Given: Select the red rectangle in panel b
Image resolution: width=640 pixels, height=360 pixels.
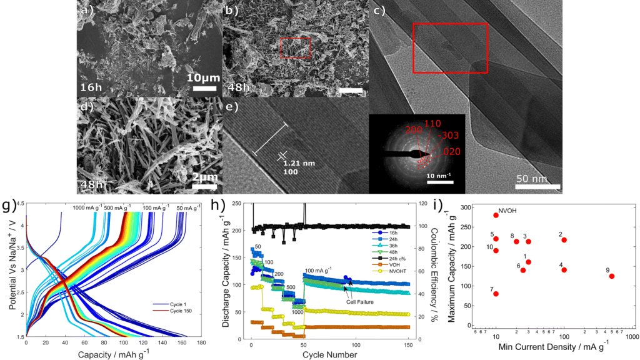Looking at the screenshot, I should coord(295,47).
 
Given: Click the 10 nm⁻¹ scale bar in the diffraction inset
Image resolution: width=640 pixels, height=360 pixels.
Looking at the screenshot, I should coord(439,183).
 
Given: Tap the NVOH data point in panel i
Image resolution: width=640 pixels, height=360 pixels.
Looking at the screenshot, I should coord(496,215).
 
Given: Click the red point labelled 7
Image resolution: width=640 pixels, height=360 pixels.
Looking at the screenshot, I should coord(496,294).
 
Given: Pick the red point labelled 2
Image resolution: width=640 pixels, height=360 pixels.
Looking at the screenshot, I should coord(564,239).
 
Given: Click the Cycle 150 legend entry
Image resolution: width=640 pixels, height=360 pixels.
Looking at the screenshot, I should coord(171,311).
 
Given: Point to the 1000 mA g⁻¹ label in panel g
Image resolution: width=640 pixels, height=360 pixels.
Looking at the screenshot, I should coord(87,208).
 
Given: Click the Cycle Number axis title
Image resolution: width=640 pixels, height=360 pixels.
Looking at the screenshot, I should coord(329,354).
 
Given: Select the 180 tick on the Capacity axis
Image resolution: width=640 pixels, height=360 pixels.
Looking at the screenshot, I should coord(201,342).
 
